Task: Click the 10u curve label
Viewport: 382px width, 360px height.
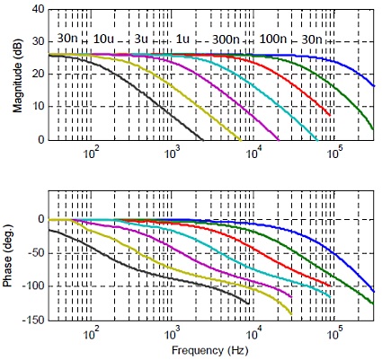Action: point(103,40)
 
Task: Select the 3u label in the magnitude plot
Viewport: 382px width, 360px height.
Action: point(141,40)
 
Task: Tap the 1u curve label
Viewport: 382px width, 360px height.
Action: point(182,40)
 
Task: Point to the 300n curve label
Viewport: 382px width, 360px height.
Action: point(225,40)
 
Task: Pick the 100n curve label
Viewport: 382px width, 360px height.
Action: point(273,40)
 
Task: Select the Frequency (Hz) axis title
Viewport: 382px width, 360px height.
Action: point(209,351)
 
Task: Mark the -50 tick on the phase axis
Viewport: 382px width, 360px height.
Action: point(33,253)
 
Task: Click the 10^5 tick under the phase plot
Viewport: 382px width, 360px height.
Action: point(334,332)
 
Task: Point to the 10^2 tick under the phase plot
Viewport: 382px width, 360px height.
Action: point(92,332)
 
